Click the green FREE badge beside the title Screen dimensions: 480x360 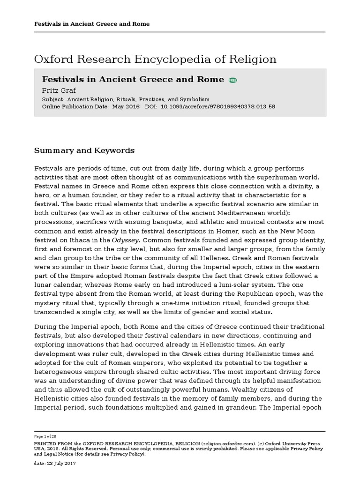(x=233, y=80)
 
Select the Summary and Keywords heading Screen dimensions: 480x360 (x=84, y=150)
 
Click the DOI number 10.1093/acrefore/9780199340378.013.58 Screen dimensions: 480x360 (x=218, y=106)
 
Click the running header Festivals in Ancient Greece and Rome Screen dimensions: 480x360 (x=92, y=24)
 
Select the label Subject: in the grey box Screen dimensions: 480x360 (x=53, y=99)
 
